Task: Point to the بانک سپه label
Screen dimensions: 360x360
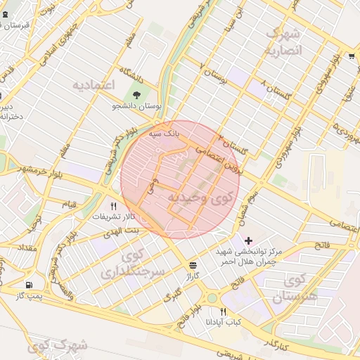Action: click(x=164, y=131)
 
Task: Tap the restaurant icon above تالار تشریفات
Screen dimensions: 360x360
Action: click(x=113, y=206)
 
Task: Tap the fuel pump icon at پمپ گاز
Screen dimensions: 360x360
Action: click(x=29, y=285)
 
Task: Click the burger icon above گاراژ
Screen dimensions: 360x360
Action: click(x=193, y=264)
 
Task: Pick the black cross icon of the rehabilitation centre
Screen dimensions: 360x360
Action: click(x=248, y=241)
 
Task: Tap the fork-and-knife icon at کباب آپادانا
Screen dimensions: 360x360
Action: click(x=224, y=311)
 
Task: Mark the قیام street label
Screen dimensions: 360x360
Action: click(x=70, y=204)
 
